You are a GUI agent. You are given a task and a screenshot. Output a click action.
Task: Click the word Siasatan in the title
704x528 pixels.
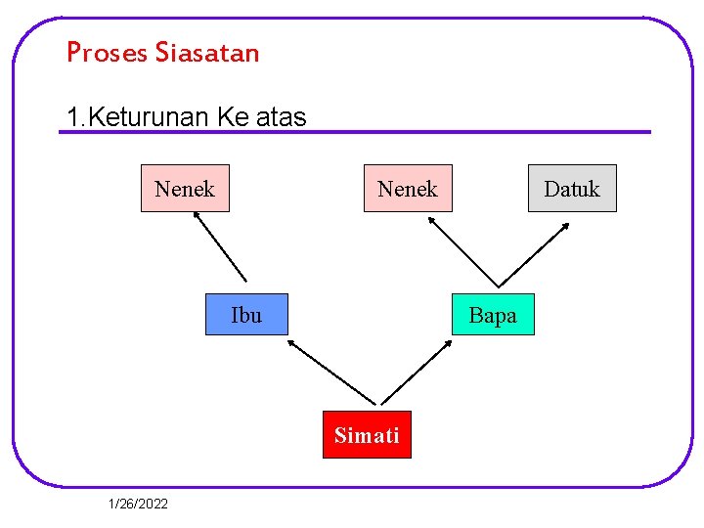click(206, 52)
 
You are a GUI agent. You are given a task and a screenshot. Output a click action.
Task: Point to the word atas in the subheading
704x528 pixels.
click(282, 118)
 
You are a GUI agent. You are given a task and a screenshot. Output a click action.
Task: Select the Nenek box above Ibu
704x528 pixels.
click(185, 189)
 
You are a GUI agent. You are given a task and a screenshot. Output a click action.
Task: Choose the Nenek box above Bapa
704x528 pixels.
click(408, 189)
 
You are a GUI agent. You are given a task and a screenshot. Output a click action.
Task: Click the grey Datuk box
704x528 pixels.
click(572, 189)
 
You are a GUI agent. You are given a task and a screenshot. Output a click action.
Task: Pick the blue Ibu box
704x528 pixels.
click(246, 315)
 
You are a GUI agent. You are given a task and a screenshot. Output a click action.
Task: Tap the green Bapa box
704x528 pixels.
click(493, 315)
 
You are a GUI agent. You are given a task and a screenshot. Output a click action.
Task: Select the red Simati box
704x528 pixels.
click(367, 435)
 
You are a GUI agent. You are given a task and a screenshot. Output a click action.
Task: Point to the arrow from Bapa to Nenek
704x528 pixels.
click(463, 251)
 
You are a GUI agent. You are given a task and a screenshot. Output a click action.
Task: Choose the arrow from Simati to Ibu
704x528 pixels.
click(331, 372)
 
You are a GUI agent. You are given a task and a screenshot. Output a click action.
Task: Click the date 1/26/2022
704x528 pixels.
click(139, 504)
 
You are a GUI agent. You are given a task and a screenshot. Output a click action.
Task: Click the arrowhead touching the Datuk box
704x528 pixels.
click(565, 227)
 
